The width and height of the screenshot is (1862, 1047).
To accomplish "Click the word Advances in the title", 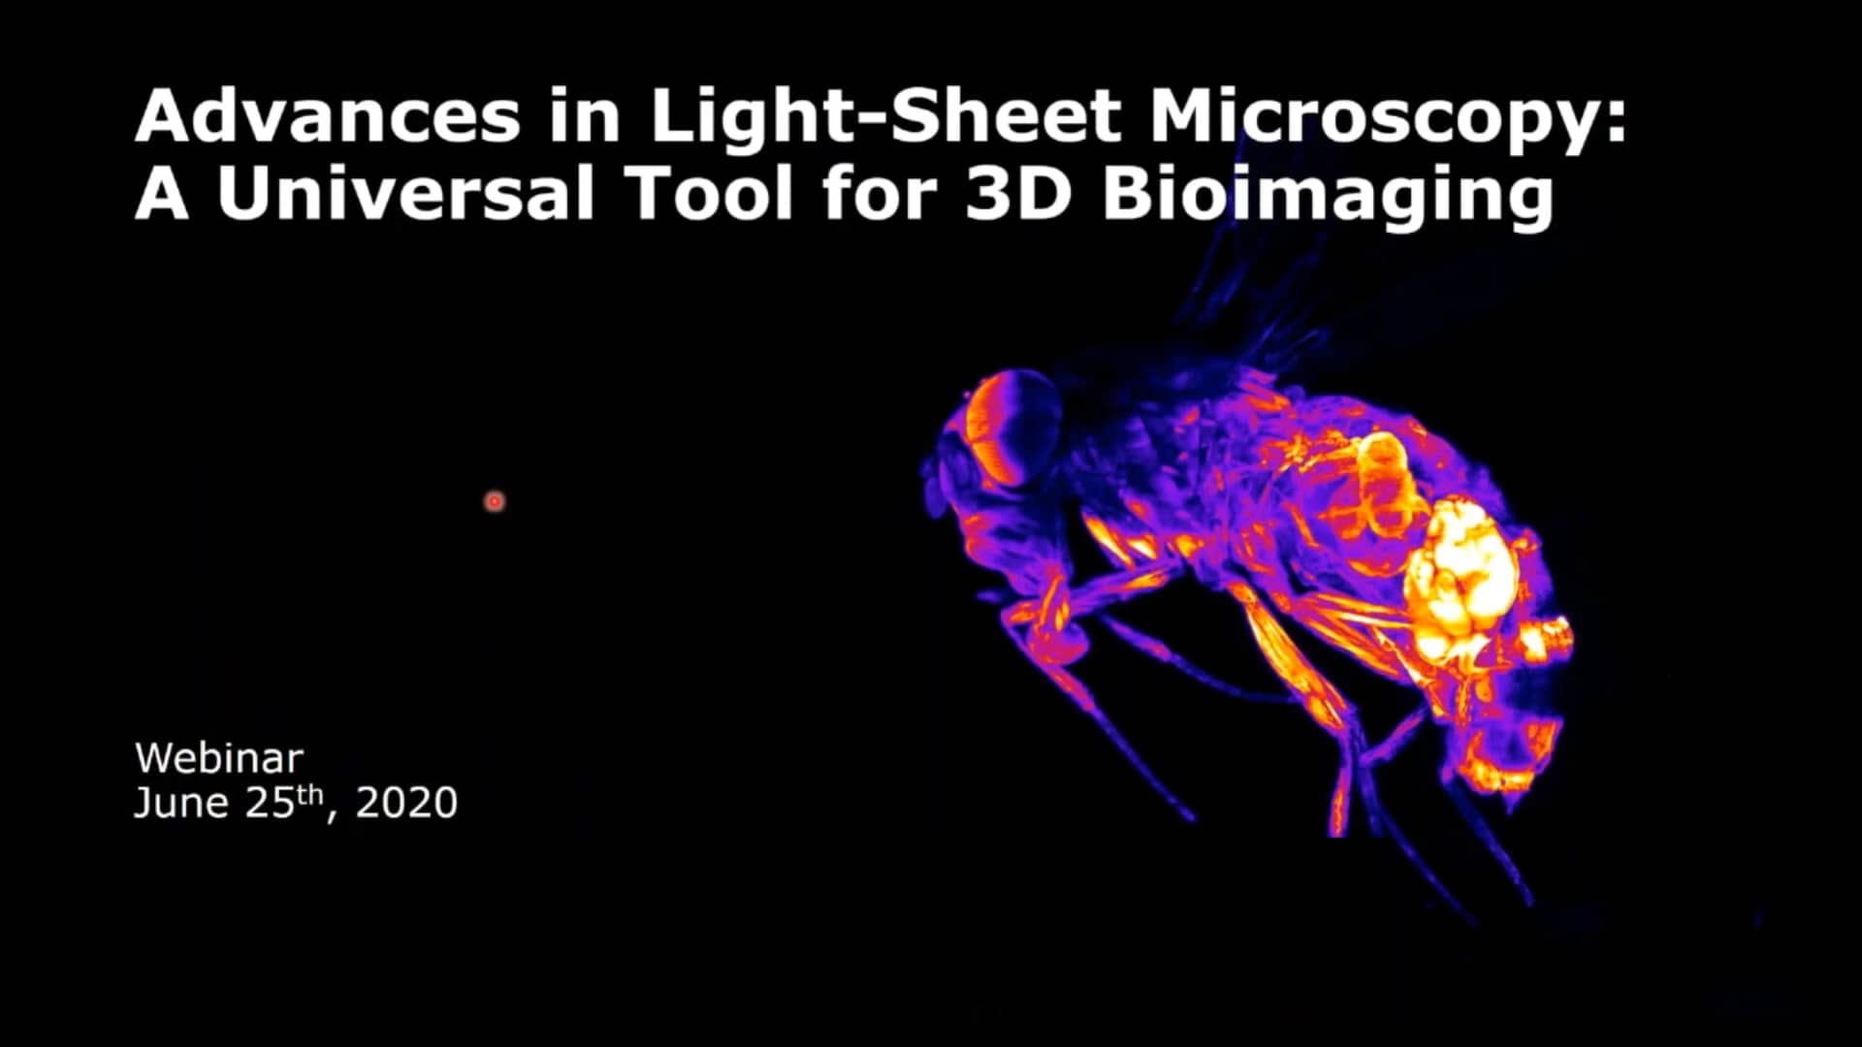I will coord(329,117).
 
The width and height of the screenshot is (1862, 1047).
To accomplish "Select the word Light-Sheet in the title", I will coord(885,117).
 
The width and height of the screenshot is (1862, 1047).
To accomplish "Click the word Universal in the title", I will coord(404,194).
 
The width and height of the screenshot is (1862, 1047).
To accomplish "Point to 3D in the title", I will coord(1018,194).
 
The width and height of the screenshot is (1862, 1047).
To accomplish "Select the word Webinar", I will coord(219,758).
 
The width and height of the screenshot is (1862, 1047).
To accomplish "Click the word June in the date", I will coord(181,804).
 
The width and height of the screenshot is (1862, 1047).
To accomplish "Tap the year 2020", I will coord(406,804).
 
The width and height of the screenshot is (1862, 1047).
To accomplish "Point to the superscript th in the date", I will coord(309,795).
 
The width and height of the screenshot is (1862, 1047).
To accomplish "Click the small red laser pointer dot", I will coord(495,501).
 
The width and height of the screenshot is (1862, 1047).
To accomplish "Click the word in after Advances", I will coord(585,117).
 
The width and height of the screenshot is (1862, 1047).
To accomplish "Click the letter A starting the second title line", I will coord(161,194).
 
